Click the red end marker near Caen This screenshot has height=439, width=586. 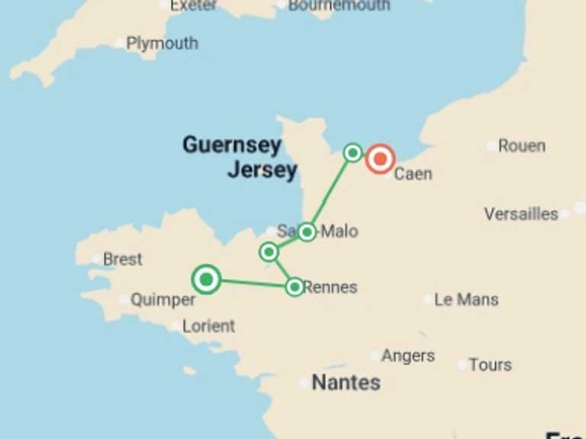[x=380, y=159]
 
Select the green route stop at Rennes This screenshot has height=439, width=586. [x=295, y=287]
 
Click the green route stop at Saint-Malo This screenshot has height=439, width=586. [x=307, y=232]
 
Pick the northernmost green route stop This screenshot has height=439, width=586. [x=353, y=152]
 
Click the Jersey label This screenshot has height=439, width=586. [x=262, y=169]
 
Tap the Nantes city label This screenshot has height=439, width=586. [x=346, y=382]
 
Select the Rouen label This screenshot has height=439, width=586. [x=522, y=146]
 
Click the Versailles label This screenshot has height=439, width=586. [x=521, y=214]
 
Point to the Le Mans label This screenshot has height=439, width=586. [x=466, y=300]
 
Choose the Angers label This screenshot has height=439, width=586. [x=408, y=356]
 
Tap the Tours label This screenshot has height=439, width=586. [x=491, y=365]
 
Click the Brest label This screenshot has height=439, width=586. [x=122, y=259]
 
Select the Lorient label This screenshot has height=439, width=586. [x=208, y=326]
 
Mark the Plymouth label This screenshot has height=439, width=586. [x=162, y=43]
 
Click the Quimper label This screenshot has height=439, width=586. [x=163, y=300]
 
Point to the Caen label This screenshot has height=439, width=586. [x=413, y=174]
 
